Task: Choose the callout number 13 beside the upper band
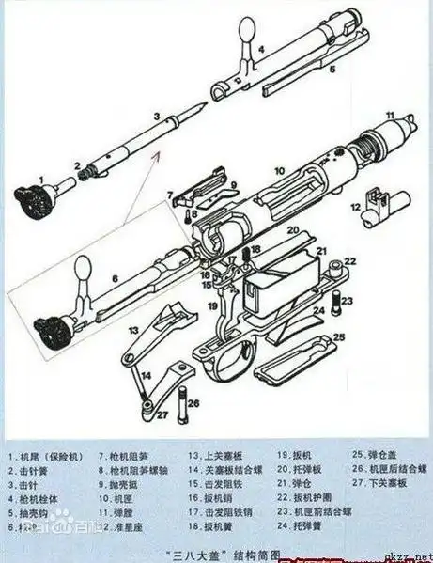135,329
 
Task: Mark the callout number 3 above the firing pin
157,117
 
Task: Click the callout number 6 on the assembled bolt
114,279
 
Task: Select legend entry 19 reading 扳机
287,453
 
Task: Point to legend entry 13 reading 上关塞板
209,453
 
